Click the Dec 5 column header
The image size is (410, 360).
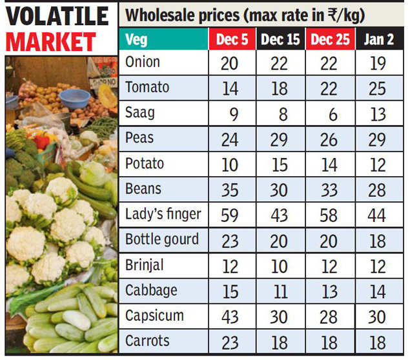pyautogui.click(x=231, y=40)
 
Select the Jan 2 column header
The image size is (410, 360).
pyautogui.click(x=378, y=40)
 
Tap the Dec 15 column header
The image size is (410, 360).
pyautogui.click(x=280, y=40)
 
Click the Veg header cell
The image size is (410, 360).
pyautogui.click(x=137, y=40)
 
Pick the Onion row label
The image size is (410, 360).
pyautogui.click(x=143, y=63)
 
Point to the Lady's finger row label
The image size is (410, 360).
pyautogui.click(x=163, y=214)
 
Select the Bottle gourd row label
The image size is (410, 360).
pyautogui.click(x=162, y=239)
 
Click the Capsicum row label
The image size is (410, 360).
pyautogui.click(x=154, y=315)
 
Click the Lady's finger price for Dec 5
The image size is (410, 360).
pyautogui.click(x=231, y=215)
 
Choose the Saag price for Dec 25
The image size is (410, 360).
pyautogui.click(x=331, y=114)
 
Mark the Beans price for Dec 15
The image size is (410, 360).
pyautogui.click(x=280, y=190)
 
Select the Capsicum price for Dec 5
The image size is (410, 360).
pyautogui.click(x=231, y=316)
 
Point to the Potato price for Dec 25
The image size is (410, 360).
pyautogui.click(x=329, y=165)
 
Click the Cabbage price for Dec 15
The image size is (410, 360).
pyautogui.click(x=280, y=291)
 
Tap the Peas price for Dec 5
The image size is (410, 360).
pyautogui.click(x=231, y=139)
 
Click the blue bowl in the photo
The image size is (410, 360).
pyautogui.click(x=74, y=99)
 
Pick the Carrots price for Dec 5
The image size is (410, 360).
pyautogui.click(x=231, y=342)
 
